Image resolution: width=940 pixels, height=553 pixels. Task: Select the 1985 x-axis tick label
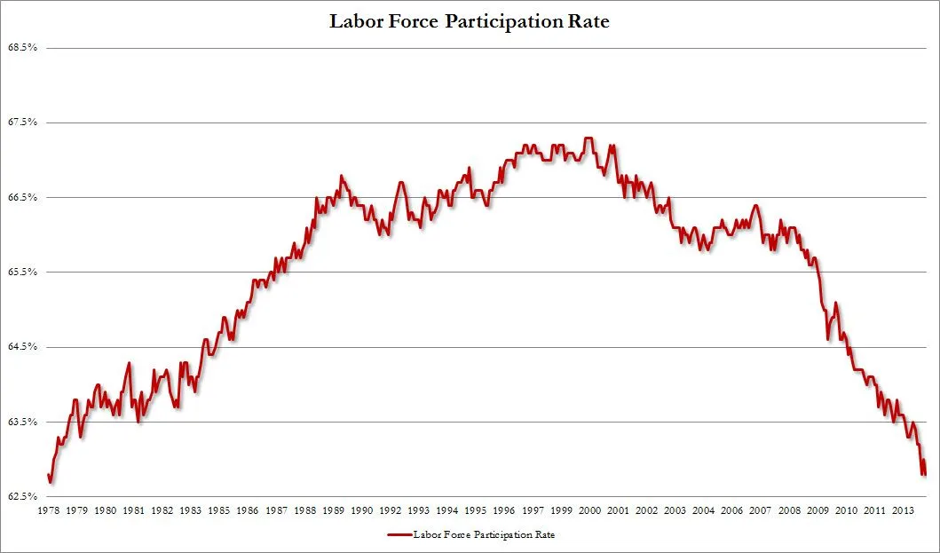click(x=219, y=511)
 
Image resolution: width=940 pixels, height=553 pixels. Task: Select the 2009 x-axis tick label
click(x=818, y=511)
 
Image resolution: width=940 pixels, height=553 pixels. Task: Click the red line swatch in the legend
click(x=399, y=535)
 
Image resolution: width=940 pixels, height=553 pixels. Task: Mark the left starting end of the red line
click(x=48, y=475)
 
